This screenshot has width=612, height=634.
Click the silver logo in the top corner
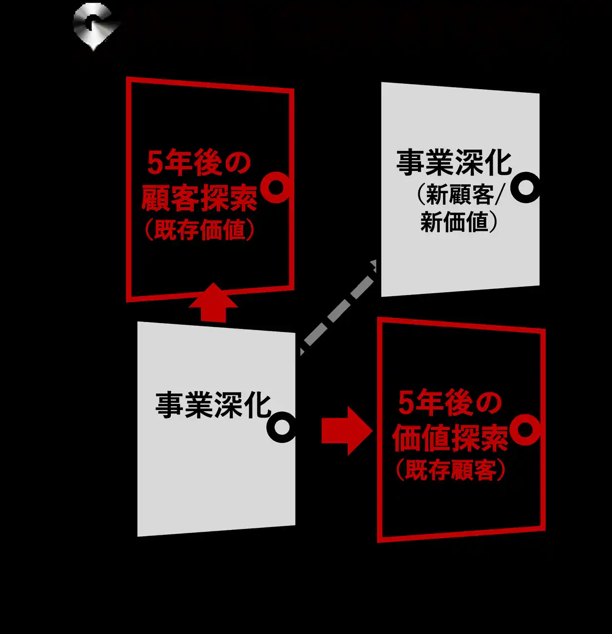95,26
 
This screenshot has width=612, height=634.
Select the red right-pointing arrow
347,431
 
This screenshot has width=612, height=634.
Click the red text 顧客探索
200,198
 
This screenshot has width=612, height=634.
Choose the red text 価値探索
450,438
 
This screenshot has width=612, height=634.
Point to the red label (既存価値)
200,230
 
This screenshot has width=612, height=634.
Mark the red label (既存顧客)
451,470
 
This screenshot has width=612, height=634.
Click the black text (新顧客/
459,195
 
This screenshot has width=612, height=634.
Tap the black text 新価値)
459,222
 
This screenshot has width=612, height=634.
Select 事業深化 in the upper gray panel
454,162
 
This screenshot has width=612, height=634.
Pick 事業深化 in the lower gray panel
213,405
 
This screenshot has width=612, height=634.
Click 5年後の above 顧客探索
199,162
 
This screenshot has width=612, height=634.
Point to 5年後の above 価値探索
450,403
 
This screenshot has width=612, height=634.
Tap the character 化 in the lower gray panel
257,405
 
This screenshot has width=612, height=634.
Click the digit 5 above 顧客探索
154,163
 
